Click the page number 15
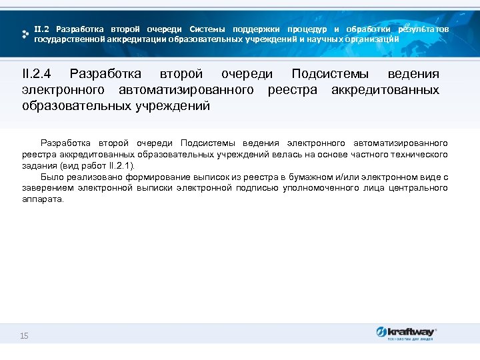tap(24, 335)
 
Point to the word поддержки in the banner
tap(256, 29)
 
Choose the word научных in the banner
tap(321, 39)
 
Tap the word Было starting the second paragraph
tap(51, 177)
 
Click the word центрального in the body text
tap(422, 188)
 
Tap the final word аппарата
tap(42, 199)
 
